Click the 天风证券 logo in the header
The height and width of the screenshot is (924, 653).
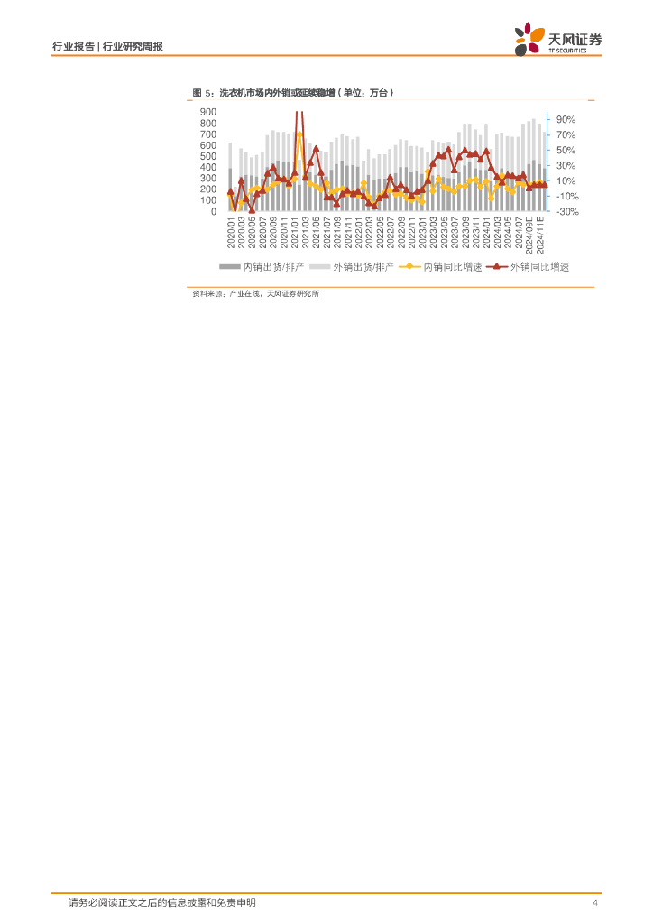pos(558,41)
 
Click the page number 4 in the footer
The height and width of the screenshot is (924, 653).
pos(595,903)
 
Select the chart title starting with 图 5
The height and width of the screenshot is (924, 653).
pos(294,93)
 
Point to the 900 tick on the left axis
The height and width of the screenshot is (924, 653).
pos(207,112)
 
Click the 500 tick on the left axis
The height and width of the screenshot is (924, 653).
pos(207,156)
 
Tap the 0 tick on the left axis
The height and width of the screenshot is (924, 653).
pos(213,211)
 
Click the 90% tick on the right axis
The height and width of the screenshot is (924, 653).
pos(566,119)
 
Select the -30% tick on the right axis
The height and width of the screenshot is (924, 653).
pos(566,211)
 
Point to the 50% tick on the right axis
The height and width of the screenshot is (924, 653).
pos(566,150)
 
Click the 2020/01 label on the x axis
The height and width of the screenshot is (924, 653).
pos(231,233)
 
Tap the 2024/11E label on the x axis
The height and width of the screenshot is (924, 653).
pos(541,234)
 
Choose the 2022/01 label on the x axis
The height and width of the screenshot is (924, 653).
pos(358,233)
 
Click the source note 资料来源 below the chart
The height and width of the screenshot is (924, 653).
pos(255,294)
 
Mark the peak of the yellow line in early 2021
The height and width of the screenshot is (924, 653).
pos(299,134)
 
